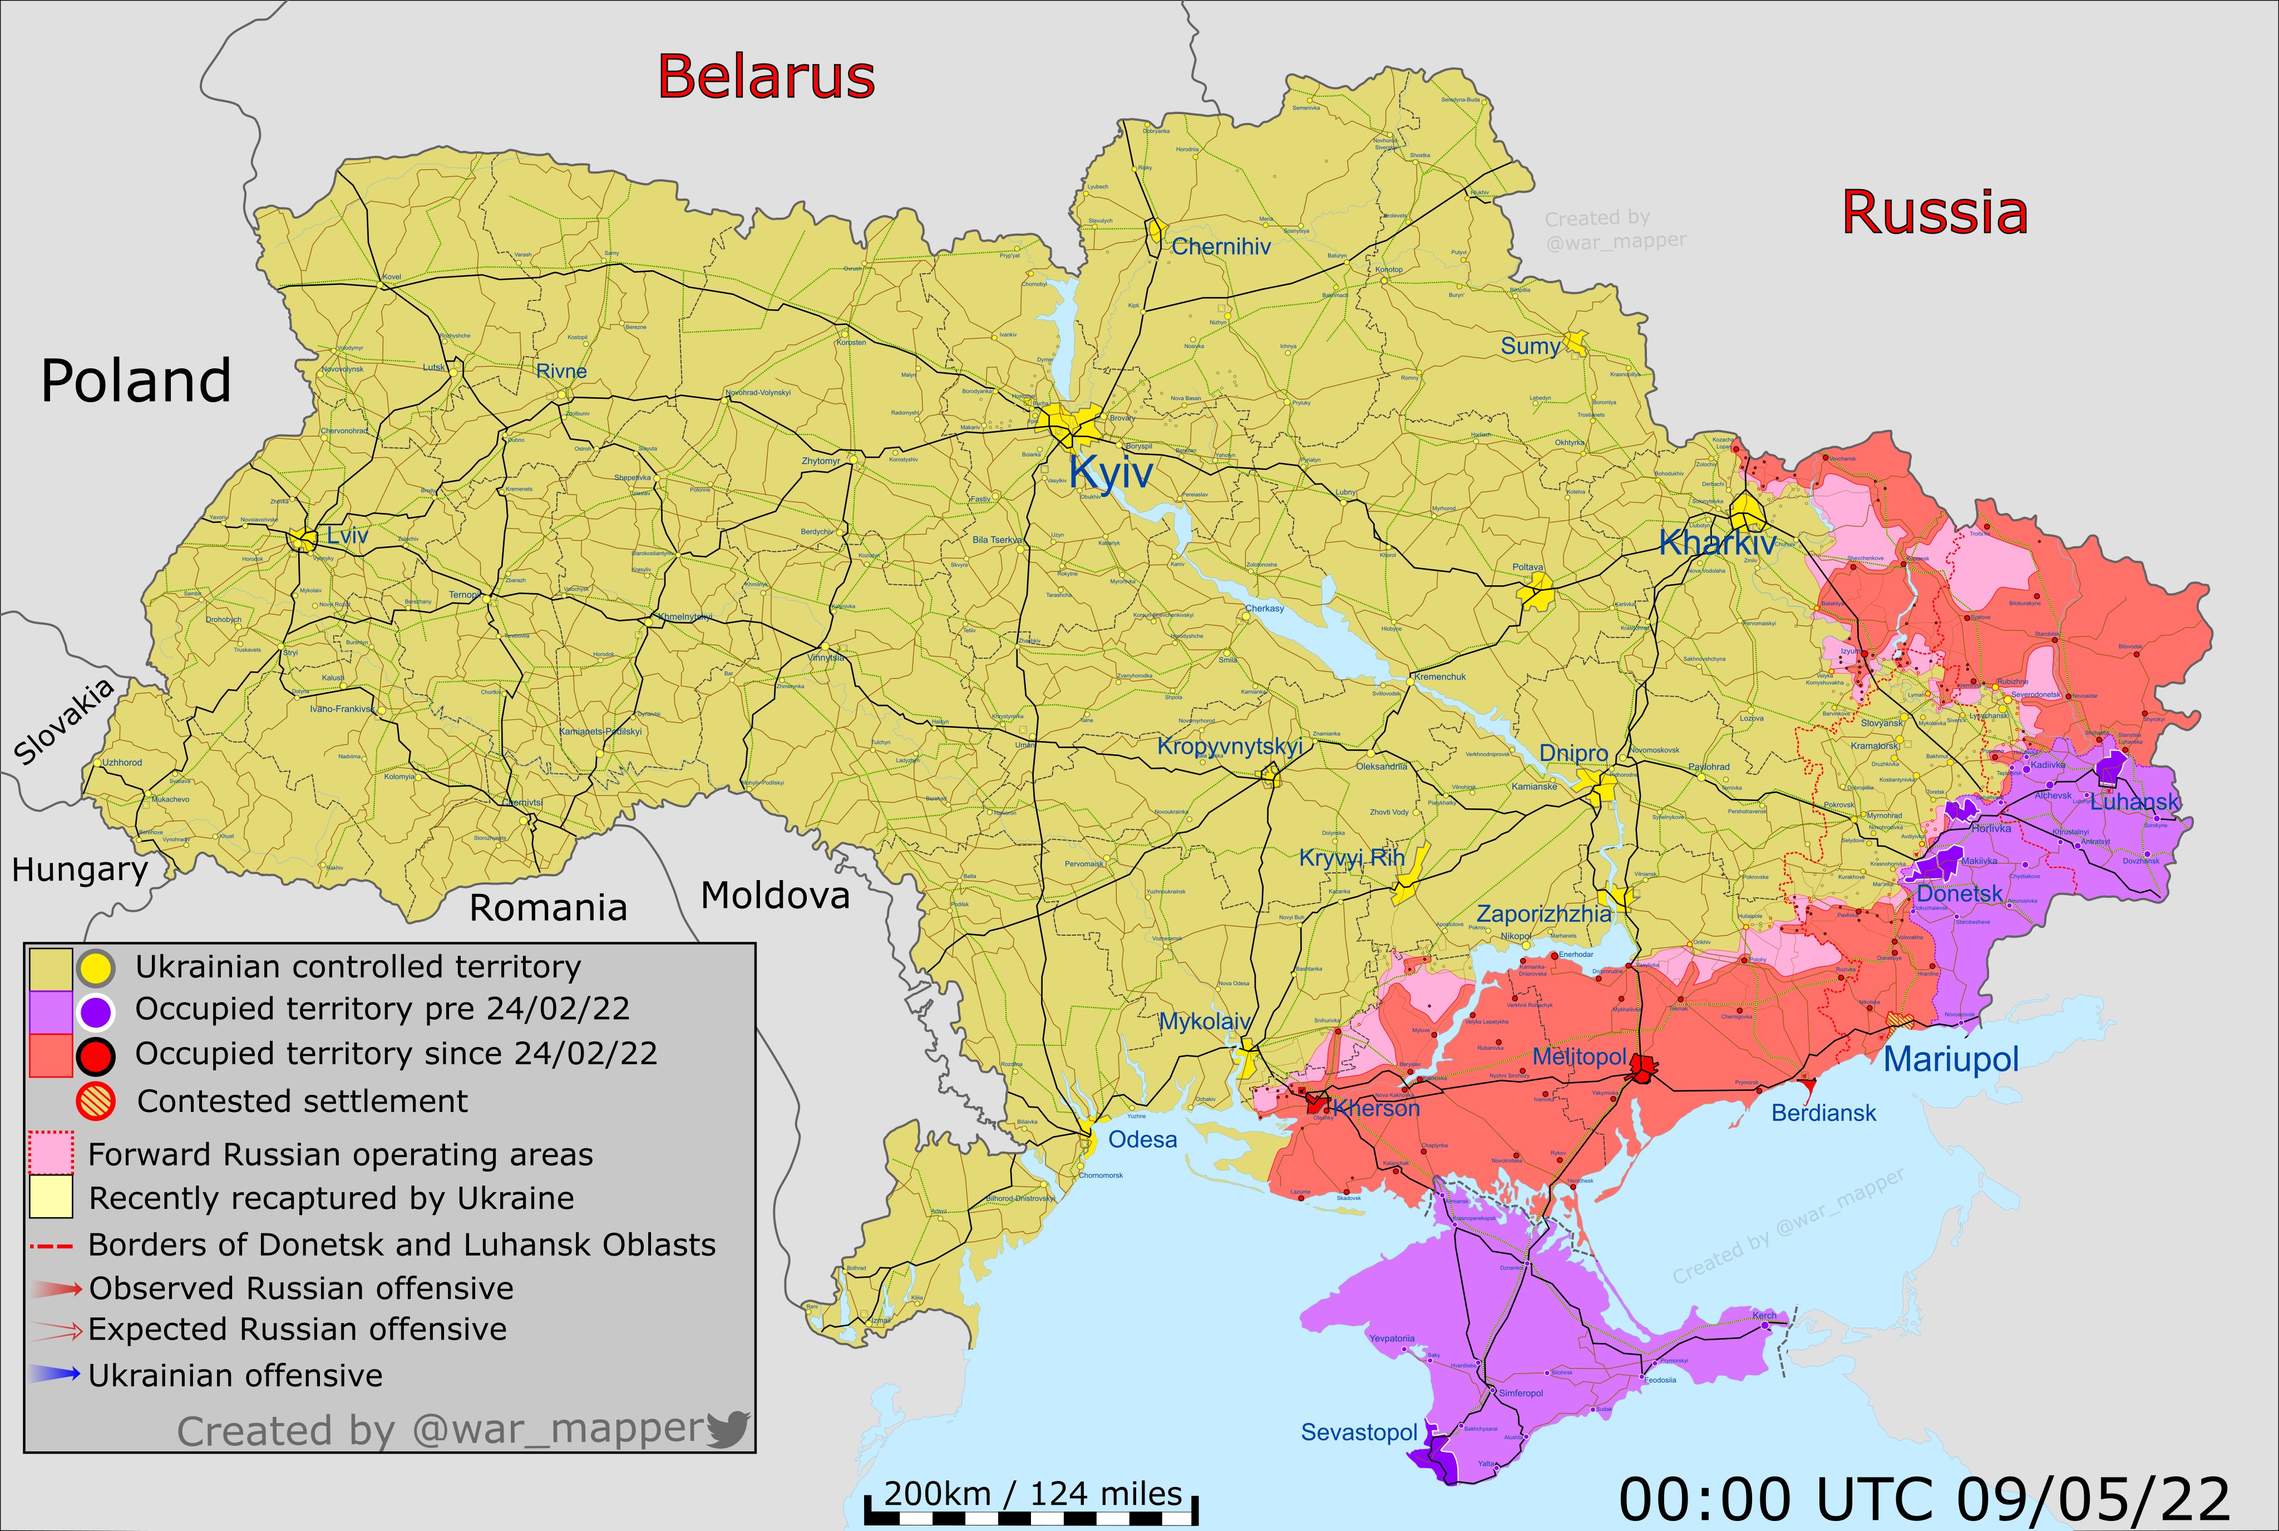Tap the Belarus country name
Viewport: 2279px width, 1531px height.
pos(766,77)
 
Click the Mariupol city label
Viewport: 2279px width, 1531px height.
pos(1950,1059)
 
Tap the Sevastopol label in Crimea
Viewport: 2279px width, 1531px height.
pos(1358,1433)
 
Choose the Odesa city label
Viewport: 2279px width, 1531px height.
pos(1142,1139)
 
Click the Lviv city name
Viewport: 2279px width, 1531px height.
pos(348,535)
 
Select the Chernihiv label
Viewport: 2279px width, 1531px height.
pos(1221,247)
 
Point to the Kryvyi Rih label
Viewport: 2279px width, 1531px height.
pos(1351,858)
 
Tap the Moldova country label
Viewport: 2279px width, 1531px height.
pos(775,895)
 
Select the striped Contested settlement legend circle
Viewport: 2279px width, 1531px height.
pos(96,1102)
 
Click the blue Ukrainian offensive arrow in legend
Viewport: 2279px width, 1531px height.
pos(54,1375)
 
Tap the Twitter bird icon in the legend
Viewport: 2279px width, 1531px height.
pos(727,1429)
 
